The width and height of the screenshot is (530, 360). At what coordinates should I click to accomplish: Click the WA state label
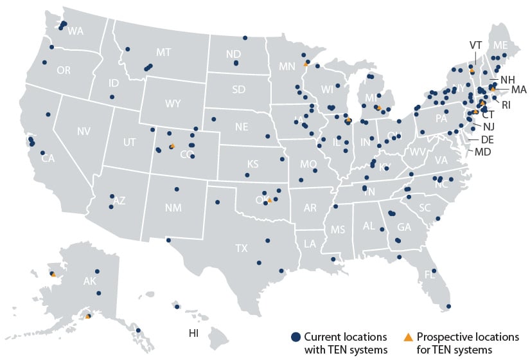[76, 31]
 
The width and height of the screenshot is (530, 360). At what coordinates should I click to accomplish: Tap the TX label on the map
[242, 248]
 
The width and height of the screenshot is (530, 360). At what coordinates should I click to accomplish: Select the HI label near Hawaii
[193, 334]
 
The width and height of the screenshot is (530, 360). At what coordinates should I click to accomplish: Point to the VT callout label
[475, 45]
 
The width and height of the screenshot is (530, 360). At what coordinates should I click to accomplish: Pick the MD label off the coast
[482, 152]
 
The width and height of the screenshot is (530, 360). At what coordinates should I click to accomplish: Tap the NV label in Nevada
[84, 132]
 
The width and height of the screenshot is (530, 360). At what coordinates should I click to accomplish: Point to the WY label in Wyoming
[173, 103]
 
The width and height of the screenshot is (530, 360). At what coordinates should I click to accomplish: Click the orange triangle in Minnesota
[305, 65]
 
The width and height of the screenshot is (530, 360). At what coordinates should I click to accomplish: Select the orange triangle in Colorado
[172, 147]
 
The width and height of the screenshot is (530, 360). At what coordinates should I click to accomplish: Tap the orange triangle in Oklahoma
[270, 200]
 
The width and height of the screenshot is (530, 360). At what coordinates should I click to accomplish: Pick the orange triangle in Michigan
[379, 108]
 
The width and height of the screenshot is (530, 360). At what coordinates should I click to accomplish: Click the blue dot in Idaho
[112, 97]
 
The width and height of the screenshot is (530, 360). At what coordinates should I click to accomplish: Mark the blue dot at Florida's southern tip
[448, 307]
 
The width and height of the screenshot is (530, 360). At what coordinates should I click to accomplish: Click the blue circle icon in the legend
[296, 337]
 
